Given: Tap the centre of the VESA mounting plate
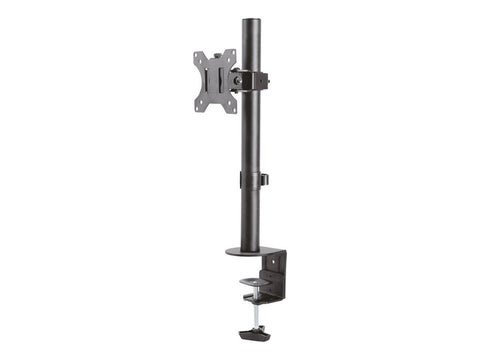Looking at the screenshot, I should coord(215,81).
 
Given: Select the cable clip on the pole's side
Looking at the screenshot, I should coord(264,180).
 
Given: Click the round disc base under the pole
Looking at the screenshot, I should coord(250,250).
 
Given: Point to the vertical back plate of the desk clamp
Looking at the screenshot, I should coord(275,268).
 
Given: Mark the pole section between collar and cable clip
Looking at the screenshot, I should coord(250,135).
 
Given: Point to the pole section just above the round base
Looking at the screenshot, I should coord(250,225).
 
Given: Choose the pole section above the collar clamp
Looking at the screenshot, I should coord(249,45).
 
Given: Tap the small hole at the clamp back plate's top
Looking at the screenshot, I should coord(278,256).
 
